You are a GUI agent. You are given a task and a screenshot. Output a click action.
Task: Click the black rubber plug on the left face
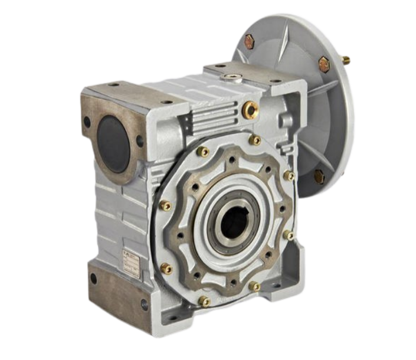pos(113,143)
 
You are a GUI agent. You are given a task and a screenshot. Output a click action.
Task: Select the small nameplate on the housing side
pos(130,264)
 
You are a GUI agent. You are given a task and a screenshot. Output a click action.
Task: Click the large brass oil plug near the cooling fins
pos(250,109)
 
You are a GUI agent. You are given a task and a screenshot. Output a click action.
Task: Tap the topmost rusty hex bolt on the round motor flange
pos(250,41)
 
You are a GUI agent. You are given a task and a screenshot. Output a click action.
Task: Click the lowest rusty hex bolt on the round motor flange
pos(319,176)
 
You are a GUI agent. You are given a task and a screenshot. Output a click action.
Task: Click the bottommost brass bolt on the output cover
pos(204,302)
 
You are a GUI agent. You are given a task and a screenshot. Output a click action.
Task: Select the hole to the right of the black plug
pos(140,141)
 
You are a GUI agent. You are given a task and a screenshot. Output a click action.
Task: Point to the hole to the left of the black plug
pos(87,122)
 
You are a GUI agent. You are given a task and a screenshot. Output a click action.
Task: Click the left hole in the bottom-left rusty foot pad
pos(93,279)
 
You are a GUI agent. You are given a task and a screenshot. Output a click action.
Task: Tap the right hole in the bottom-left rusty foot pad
pos(144,305)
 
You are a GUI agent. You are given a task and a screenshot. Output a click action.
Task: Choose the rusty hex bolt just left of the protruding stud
pos(324,64)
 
